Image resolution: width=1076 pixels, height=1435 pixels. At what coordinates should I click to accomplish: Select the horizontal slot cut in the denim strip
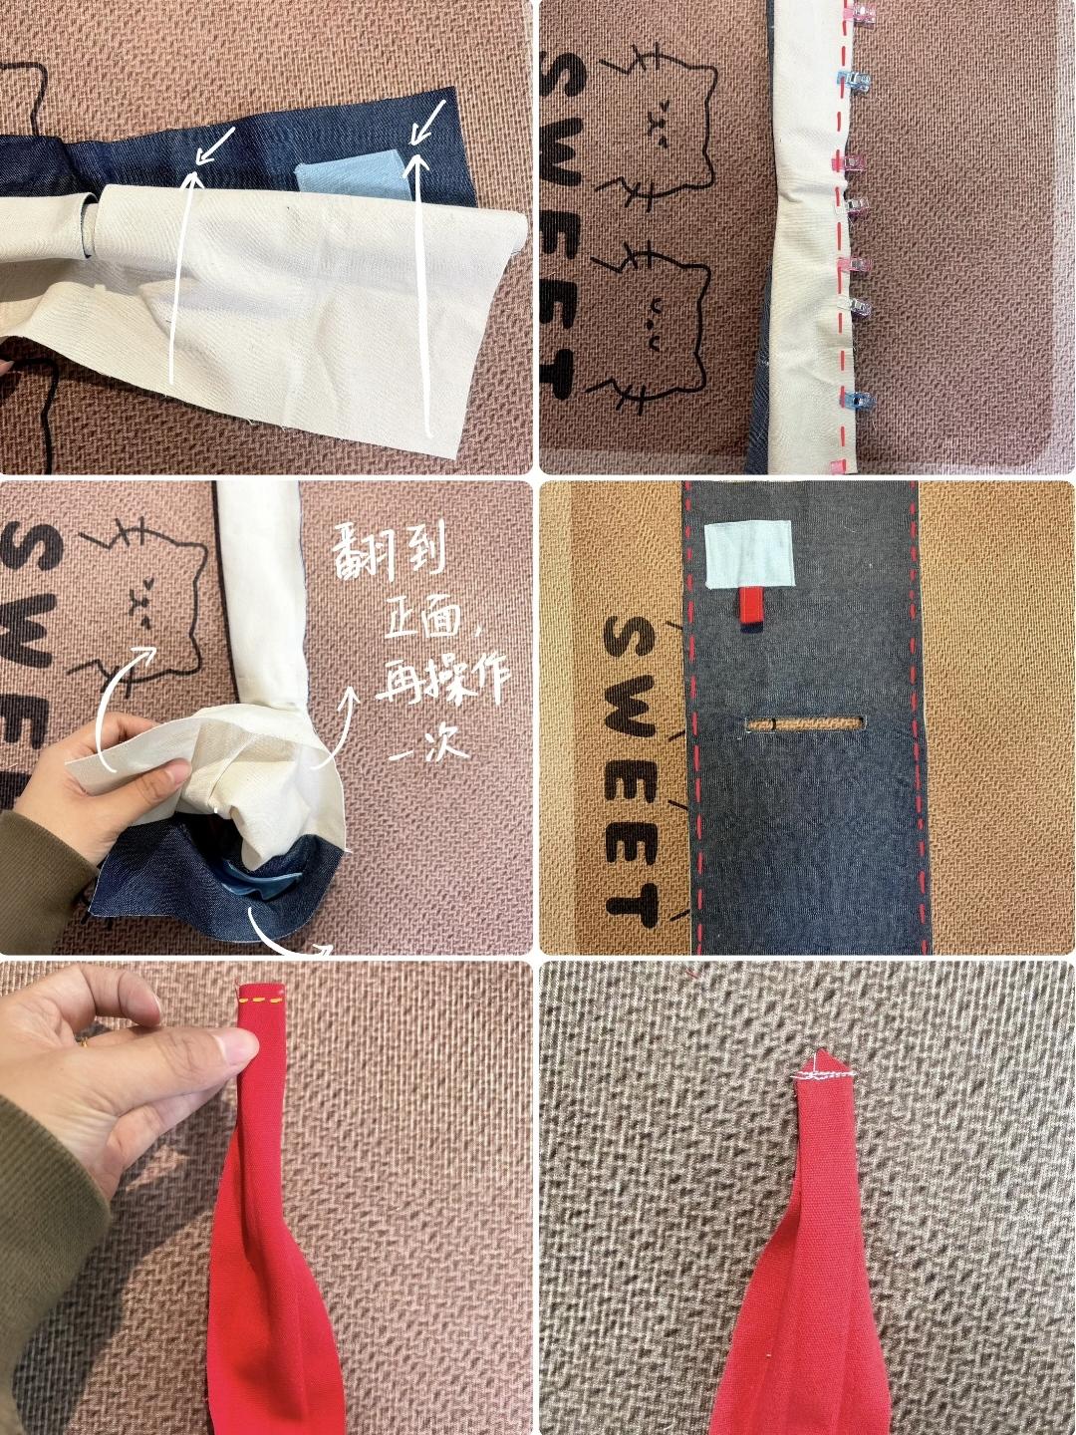pos(806,723)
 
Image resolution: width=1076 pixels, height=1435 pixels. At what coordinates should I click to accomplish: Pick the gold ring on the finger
pos(83,1040)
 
